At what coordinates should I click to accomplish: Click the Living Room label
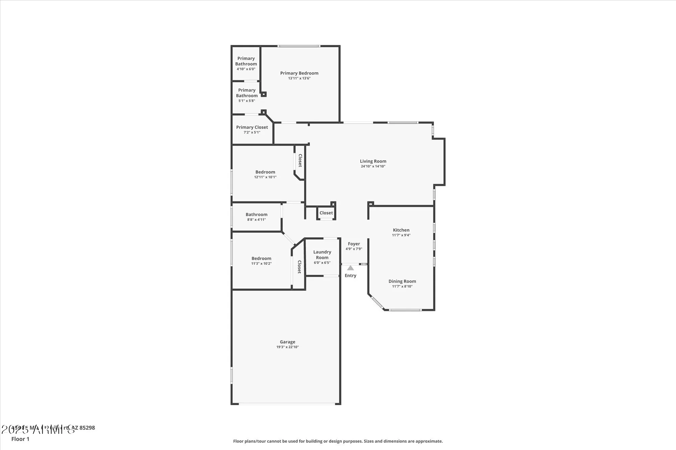[x=373, y=161]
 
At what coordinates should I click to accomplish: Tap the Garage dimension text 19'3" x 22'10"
[x=287, y=347]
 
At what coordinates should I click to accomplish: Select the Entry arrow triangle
[x=351, y=268]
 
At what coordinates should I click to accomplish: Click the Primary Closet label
[x=252, y=127]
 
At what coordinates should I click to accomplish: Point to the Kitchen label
[x=401, y=230]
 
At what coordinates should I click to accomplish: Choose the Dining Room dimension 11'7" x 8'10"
[x=402, y=286]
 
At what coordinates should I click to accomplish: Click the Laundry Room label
[x=322, y=255]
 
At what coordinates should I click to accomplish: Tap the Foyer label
[x=354, y=244]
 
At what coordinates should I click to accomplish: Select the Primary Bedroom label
[x=299, y=73]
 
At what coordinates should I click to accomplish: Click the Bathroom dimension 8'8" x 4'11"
[x=256, y=220]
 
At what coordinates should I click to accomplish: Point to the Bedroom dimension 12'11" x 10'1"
[x=265, y=177]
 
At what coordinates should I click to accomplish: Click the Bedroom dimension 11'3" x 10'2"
[x=261, y=264]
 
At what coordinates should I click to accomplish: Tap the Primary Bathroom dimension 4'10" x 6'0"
[x=246, y=69]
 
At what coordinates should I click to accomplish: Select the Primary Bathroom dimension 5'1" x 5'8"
[x=247, y=101]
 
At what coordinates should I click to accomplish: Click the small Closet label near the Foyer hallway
[x=326, y=213]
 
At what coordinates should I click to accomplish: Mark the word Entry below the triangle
[x=351, y=275]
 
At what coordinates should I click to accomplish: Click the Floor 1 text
[x=20, y=439]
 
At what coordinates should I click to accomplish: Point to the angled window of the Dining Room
[x=377, y=302]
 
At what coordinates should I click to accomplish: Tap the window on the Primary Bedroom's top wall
[x=299, y=46]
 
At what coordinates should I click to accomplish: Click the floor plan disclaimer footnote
[x=338, y=441]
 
